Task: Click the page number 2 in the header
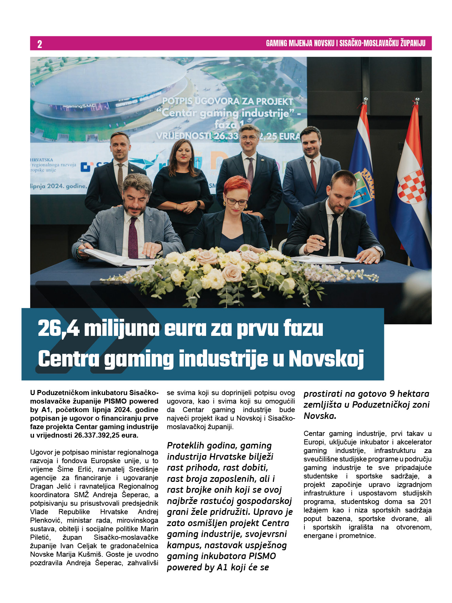click(x=39, y=44)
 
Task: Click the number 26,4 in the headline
click(x=58, y=329)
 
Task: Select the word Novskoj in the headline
click(x=327, y=359)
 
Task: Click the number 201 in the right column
click(x=425, y=502)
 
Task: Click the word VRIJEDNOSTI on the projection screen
click(x=183, y=136)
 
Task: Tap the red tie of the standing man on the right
click(x=313, y=175)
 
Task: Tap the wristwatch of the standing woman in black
click(x=198, y=203)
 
